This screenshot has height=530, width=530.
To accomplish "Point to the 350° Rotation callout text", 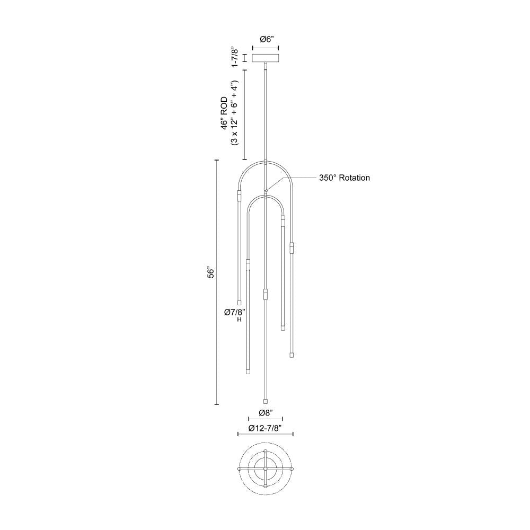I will [x=344, y=178].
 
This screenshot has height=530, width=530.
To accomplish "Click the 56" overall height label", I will [x=210, y=273].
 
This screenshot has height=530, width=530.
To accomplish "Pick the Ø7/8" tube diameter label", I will [x=235, y=313].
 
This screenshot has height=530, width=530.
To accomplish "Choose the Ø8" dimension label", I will [x=266, y=412].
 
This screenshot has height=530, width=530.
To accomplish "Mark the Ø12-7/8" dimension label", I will [x=266, y=428].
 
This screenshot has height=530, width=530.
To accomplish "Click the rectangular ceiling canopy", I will [x=266, y=58].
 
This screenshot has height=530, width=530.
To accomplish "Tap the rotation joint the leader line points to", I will [x=266, y=191].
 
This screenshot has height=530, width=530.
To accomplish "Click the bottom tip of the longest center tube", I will [x=266, y=401].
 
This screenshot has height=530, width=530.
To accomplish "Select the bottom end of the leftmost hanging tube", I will [x=239, y=303].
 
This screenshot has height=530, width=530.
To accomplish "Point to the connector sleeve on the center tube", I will [x=266, y=294].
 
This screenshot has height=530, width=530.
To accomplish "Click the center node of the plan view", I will [x=266, y=469].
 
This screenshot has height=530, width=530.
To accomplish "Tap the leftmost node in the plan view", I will [x=239, y=469].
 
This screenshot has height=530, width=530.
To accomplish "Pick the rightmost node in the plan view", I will [x=291, y=469].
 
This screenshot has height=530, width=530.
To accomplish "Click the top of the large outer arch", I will [x=266, y=161].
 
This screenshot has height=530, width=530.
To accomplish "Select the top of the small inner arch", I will [x=266, y=196].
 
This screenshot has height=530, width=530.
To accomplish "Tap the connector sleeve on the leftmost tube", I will [x=239, y=195].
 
